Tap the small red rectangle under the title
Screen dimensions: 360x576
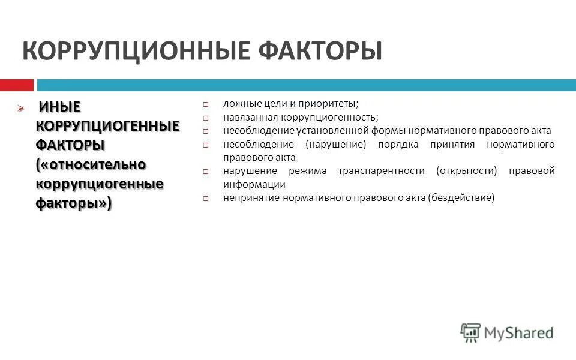[16, 85]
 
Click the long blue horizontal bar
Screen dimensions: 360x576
[306, 85]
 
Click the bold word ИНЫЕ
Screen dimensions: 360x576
[59, 107]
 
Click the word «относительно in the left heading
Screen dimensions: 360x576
[91, 164]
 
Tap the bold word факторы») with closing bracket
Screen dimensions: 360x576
[73, 203]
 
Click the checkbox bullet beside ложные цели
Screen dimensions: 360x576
[205, 104]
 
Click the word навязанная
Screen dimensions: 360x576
[248, 117]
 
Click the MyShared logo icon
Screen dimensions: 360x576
[471, 332]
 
